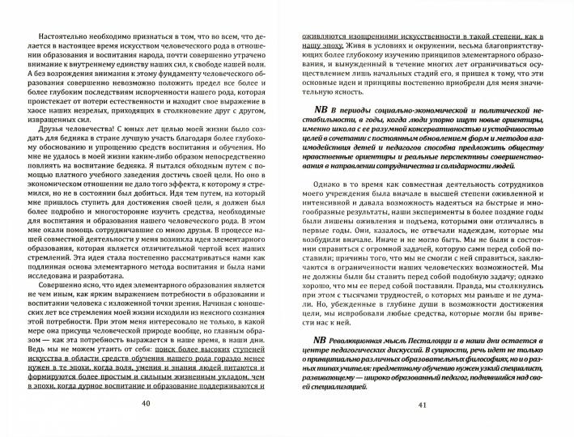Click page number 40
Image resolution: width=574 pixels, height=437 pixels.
pos(145,405)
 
